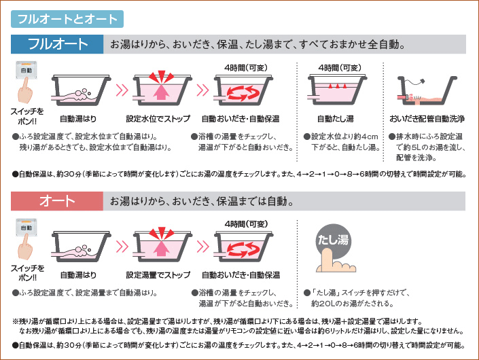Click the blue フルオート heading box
pyautogui.click(x=57, y=44)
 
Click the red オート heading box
pyautogui.click(x=57, y=201)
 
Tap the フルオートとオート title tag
pyautogui.click(x=67, y=19)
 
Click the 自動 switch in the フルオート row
pyautogui.click(x=26, y=70)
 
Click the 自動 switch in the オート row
pyautogui.click(x=26, y=228)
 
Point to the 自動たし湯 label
pyautogui.click(x=336, y=118)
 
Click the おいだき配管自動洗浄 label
pyautogui.click(x=427, y=118)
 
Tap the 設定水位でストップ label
pyautogui.click(x=158, y=118)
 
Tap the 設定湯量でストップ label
pyautogui.click(x=158, y=275)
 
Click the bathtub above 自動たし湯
pyautogui.click(x=337, y=90)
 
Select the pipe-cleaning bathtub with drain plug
pyautogui.click(x=427, y=91)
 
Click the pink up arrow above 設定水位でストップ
pyautogui.click(x=161, y=92)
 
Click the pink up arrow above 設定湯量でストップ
pyautogui.click(x=161, y=248)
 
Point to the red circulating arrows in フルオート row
pyautogui.click(x=243, y=92)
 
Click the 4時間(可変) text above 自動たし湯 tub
pyautogui.click(x=340, y=67)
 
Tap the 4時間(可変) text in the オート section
pyautogui.click(x=246, y=224)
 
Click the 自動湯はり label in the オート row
pyautogui.click(x=78, y=275)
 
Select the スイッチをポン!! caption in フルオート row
pyautogui.click(x=27, y=116)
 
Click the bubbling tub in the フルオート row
pyautogui.click(x=81, y=91)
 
